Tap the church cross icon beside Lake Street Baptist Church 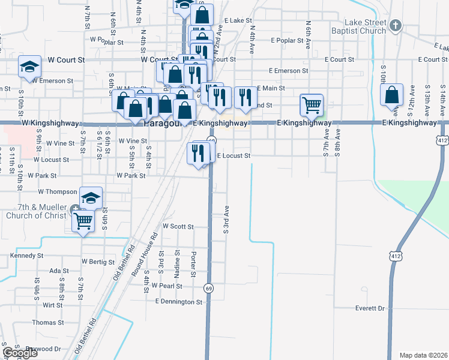395,25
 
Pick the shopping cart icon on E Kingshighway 312,105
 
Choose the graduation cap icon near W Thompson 91,197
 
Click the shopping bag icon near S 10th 392,94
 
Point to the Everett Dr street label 369,308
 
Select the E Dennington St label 179,301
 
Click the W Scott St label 178,227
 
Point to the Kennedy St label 27,256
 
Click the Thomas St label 44,322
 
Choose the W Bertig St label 97,262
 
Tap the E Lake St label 238,20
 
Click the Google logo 20,353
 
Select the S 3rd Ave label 226,220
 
